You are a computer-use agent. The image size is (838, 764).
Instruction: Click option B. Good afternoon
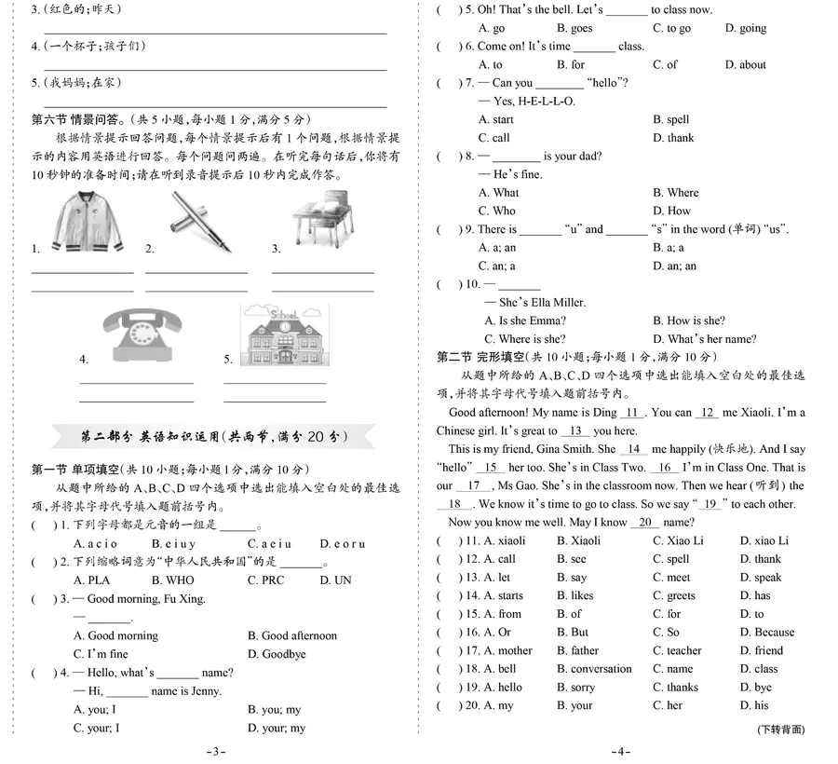[292, 635]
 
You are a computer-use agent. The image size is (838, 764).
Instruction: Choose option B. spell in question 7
[671, 119]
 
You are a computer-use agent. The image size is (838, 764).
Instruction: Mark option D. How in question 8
[671, 211]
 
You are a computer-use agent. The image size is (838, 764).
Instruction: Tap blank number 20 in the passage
[648, 523]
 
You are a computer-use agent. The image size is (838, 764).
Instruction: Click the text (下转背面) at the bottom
[780, 730]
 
